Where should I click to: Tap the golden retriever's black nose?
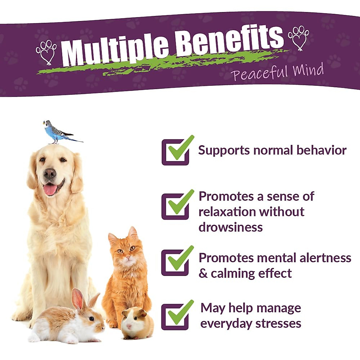point(49,173)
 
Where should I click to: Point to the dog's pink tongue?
point(50,190)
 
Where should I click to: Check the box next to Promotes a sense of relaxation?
point(176,206)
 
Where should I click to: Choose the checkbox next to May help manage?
point(176,316)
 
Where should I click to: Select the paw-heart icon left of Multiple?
point(46,52)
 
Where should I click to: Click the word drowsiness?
point(230,227)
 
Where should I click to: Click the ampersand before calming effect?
point(203,274)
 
